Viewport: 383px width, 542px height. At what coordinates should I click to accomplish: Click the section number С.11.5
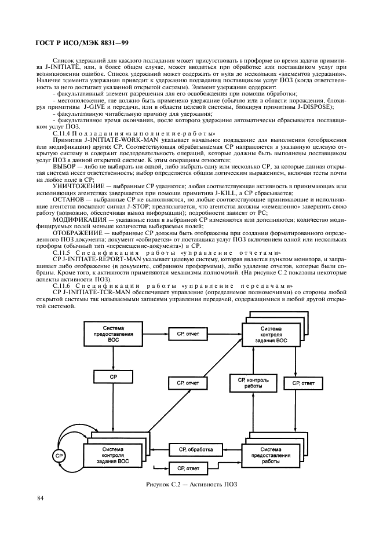[x=62, y=252]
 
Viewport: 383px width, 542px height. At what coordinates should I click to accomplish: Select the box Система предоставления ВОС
[x=114, y=334]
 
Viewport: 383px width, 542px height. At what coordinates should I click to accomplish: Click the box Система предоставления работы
[x=271, y=455]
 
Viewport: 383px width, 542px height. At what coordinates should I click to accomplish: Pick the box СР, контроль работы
[x=254, y=383]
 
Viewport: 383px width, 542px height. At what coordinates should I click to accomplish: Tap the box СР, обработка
[x=195, y=449]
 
